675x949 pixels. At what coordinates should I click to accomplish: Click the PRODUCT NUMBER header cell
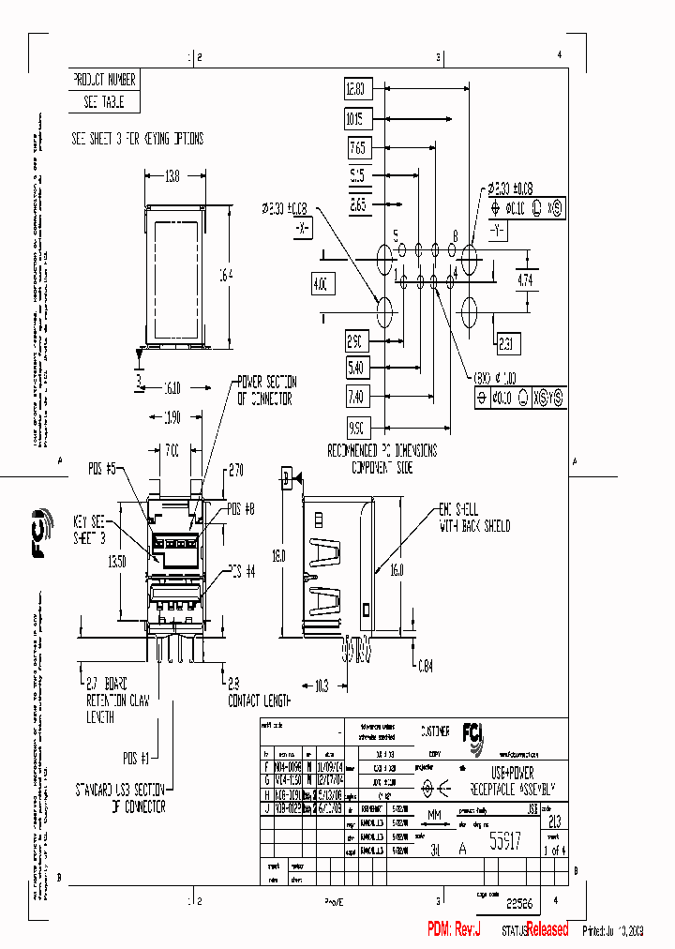coord(104,81)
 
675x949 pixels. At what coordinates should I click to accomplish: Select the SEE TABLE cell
coord(104,102)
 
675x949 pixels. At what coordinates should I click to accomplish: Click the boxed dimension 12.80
coord(357,90)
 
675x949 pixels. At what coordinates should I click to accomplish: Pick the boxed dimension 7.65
coord(357,148)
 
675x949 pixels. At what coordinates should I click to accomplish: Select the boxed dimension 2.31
coord(507,343)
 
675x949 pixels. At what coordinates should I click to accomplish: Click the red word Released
coord(547,929)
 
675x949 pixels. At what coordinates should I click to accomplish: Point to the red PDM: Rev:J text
coord(455,929)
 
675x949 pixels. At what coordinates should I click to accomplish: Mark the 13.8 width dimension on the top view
coord(172,175)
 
